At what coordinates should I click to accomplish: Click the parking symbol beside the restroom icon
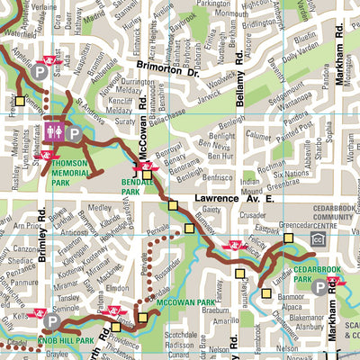pyautogui.click(x=74, y=133)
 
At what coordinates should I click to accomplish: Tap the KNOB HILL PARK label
pyautogui.click(x=67, y=342)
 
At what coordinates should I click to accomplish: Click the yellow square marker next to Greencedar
pyautogui.click(x=289, y=238)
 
